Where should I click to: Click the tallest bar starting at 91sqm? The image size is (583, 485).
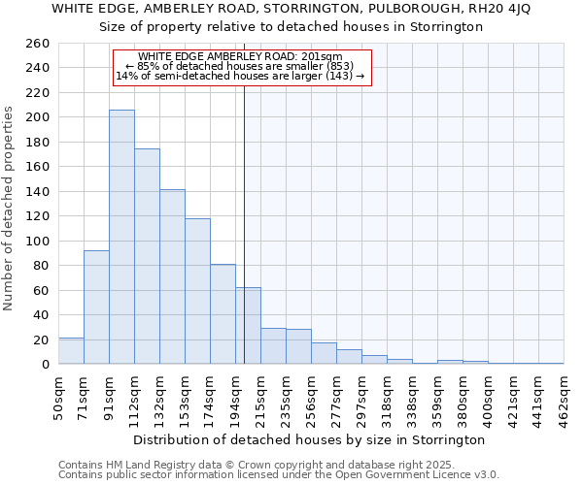[x=121, y=238]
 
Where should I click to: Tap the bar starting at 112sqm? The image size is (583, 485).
[x=147, y=257]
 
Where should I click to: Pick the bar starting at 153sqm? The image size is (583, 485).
[x=197, y=291]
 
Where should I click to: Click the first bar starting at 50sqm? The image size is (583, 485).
[x=71, y=351]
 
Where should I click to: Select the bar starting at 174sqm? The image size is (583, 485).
[x=223, y=314]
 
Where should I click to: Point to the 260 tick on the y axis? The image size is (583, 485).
[x=39, y=44]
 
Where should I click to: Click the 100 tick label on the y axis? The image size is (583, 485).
[x=39, y=241]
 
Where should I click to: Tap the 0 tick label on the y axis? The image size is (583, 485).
[x=46, y=365]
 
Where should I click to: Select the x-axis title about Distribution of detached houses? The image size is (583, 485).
[x=310, y=439]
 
